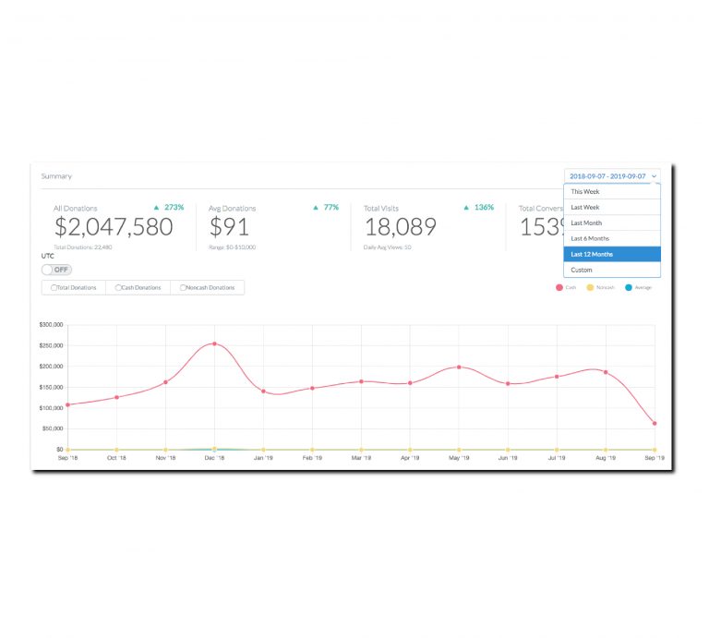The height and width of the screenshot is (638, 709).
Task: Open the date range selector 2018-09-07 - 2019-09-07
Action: [612, 175]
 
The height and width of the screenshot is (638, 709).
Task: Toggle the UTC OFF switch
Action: [56, 270]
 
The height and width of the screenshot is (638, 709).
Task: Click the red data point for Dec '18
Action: [214, 343]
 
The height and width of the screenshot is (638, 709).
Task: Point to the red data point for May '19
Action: [459, 367]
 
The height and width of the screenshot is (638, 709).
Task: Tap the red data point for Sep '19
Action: [655, 424]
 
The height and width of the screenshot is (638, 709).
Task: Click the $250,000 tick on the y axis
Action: [51, 345]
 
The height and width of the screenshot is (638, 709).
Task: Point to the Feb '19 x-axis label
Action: [312, 458]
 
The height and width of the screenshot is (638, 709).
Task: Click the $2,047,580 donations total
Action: [114, 227]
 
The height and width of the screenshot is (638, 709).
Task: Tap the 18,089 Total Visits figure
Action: [400, 227]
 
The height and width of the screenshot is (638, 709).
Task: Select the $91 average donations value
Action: [229, 227]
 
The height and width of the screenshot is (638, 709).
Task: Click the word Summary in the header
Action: [56, 176]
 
